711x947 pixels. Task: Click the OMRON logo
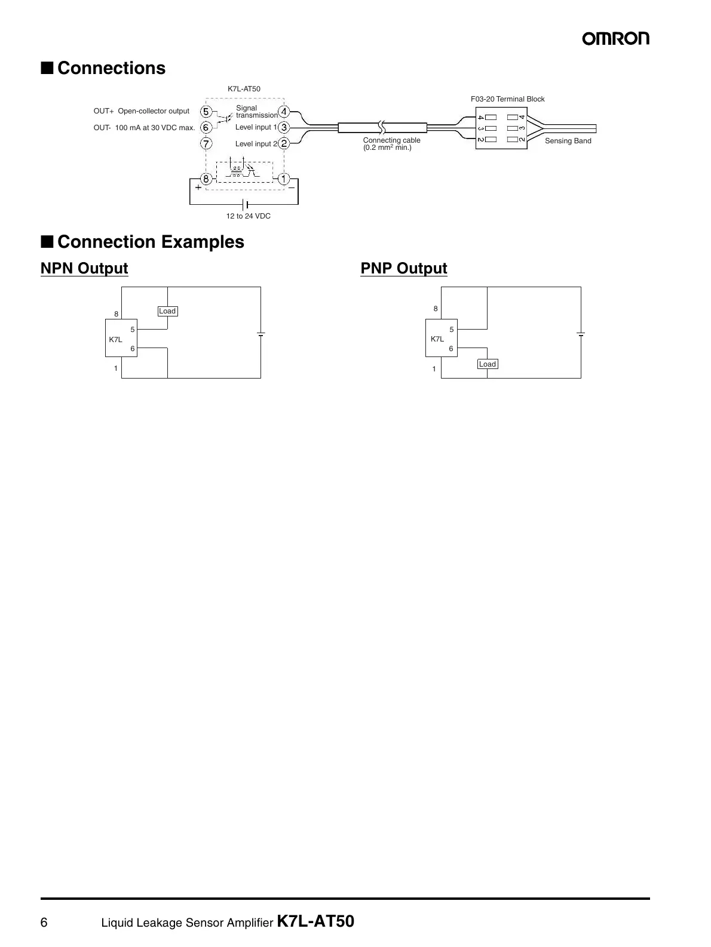616,39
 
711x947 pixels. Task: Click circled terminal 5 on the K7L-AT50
206,112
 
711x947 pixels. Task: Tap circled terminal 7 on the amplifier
206,143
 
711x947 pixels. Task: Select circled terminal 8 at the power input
206,179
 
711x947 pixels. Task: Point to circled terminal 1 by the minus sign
284,179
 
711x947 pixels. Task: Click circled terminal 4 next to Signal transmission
284,112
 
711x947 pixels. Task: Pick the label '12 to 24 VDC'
248,216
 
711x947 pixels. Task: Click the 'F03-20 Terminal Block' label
508,99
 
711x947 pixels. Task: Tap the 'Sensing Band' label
568,141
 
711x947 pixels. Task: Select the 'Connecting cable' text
391,140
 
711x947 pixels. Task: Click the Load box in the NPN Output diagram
167,311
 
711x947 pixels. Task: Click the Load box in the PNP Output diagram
488,364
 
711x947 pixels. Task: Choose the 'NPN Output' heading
84,269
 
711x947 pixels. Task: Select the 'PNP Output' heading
404,269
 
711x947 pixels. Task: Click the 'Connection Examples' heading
151,242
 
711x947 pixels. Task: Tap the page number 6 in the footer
44,923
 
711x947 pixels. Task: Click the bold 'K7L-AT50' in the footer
316,922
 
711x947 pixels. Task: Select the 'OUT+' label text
103,111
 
